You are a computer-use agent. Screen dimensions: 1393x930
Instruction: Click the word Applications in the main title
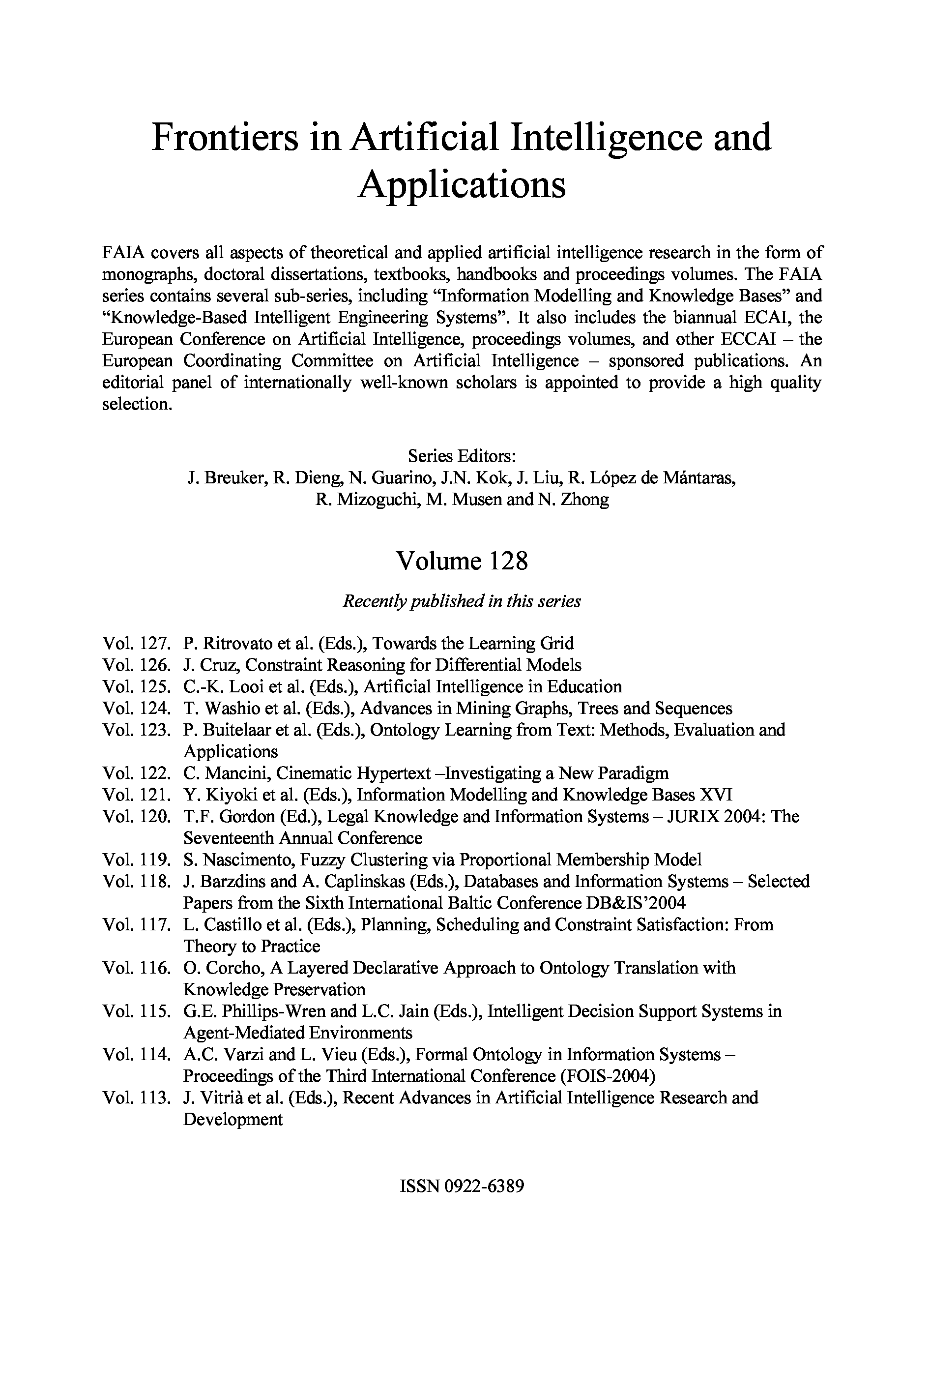tap(462, 185)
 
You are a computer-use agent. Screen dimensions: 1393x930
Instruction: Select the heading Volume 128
tap(462, 561)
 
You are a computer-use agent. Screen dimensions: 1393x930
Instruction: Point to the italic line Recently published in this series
tap(462, 601)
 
